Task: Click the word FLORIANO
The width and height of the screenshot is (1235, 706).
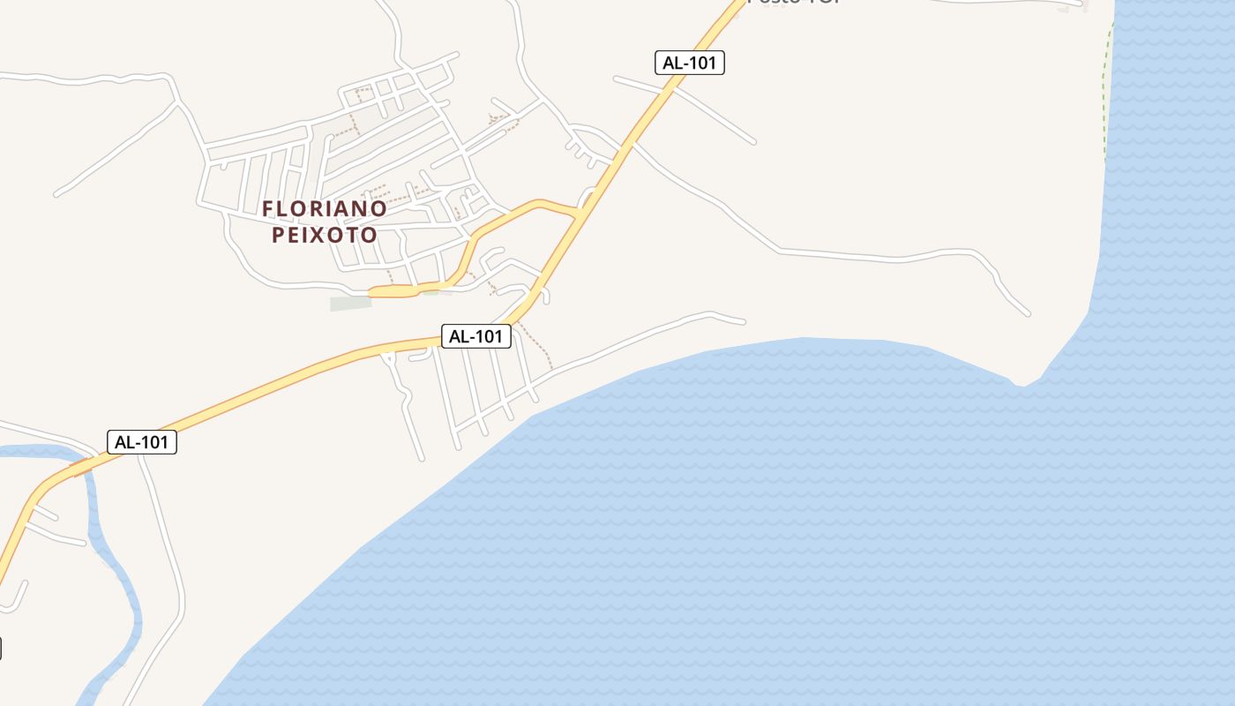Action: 325,209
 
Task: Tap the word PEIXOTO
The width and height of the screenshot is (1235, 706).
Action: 325,236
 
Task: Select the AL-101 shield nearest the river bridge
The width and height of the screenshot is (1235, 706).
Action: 142,442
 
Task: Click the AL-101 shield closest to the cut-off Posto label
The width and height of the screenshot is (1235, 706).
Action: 690,63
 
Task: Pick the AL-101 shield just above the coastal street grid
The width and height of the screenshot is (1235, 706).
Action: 476,336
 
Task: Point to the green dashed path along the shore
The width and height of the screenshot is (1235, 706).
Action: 1106,97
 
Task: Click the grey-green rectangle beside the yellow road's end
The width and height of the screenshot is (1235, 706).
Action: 350,304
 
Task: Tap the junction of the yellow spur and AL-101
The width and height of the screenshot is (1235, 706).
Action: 579,213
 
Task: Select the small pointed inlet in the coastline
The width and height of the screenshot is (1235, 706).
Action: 1022,383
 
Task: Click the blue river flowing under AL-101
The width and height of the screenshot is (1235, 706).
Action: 123,574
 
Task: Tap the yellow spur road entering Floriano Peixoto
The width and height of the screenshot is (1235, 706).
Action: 476,238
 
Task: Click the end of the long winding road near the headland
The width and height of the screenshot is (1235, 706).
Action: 1028,313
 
